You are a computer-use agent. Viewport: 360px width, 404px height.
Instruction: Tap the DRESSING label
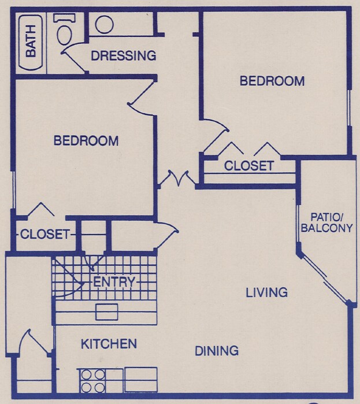click(x=124, y=56)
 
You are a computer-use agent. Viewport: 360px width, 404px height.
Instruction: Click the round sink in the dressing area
click(x=104, y=24)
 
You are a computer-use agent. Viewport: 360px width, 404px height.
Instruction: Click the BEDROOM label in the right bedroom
click(x=272, y=81)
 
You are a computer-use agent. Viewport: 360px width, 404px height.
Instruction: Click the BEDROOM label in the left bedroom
click(x=86, y=140)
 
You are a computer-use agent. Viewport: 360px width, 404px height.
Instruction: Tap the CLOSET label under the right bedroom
click(x=249, y=166)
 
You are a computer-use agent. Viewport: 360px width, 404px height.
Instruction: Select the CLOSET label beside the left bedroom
click(x=45, y=235)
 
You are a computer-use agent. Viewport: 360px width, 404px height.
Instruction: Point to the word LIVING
click(x=266, y=292)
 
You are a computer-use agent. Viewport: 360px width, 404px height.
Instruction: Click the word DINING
click(x=217, y=351)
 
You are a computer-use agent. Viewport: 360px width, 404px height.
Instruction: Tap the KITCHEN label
click(x=109, y=344)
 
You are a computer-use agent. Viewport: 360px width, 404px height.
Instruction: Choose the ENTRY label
click(x=114, y=282)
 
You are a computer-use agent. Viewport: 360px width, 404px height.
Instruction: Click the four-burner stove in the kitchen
click(x=92, y=381)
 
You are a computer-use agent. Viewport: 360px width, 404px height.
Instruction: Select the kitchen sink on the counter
click(x=107, y=312)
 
